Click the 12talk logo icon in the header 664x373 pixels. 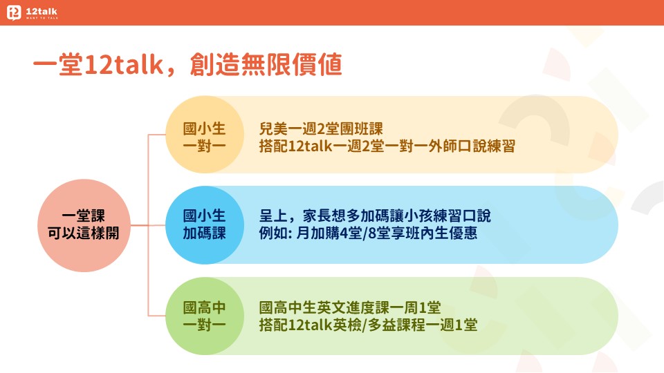click(14, 12)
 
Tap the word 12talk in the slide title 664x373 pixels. click(124, 65)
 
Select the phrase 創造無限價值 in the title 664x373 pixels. click(266, 65)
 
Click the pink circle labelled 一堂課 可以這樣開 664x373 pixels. click(84, 225)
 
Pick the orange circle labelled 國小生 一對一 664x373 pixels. click(205, 135)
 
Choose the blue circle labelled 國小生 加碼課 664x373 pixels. click(205, 225)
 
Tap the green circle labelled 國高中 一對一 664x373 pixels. click(205, 316)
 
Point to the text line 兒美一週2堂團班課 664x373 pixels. click(321, 128)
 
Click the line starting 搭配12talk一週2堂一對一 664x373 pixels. click(387, 146)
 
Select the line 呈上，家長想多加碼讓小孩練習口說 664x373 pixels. click(375, 216)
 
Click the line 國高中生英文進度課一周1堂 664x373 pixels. click(350, 307)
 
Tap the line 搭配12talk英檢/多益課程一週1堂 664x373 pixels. click(369, 325)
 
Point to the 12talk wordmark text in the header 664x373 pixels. click(41, 12)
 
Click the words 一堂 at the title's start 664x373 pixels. click(58, 65)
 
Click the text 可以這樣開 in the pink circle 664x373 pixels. click(84, 233)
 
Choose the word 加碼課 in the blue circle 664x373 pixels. click(205, 233)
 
